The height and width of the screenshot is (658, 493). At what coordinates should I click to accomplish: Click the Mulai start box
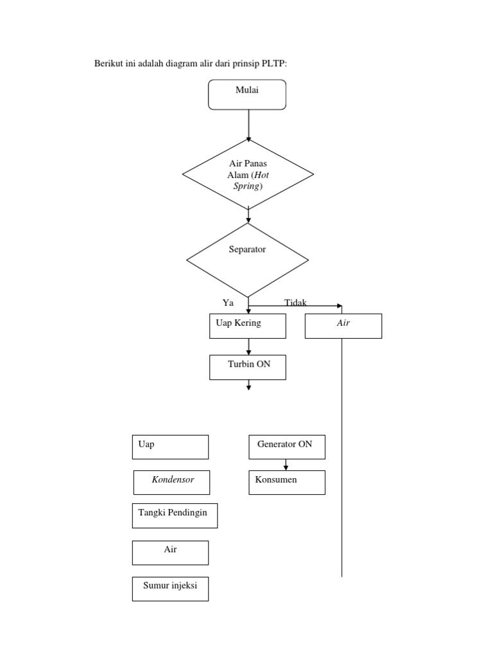tap(247, 94)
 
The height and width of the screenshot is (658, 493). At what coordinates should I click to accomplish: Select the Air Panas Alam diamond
tap(248, 174)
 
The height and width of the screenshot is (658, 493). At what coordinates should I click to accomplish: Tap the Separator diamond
tap(247, 259)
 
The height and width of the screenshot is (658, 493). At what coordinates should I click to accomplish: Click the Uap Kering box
tap(247, 326)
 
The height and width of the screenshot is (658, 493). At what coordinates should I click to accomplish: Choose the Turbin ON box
tap(247, 367)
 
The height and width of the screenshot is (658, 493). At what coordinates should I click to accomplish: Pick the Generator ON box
tap(286, 447)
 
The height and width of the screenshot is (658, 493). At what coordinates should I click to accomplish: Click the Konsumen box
tap(286, 482)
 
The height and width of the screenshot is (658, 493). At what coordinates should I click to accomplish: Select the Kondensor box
tap(172, 482)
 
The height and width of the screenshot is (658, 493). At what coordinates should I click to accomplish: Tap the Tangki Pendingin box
tap(175, 515)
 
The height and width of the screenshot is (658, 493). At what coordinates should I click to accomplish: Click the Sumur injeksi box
tap(170, 588)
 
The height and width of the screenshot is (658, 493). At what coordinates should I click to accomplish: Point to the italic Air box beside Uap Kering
tap(343, 326)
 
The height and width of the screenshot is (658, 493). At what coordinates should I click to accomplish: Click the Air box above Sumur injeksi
tap(170, 552)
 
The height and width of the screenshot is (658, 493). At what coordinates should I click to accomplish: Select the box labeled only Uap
tap(170, 447)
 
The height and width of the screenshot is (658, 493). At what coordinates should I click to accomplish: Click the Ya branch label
tap(228, 303)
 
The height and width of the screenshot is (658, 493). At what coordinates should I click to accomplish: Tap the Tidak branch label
tap(295, 303)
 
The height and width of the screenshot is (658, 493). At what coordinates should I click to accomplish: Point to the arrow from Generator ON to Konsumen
tap(286, 465)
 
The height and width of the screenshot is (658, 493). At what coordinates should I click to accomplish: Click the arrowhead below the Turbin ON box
tap(248, 386)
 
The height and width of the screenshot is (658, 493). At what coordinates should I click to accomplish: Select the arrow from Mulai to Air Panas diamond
tap(248, 125)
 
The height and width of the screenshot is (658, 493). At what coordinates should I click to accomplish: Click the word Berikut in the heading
tap(108, 64)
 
